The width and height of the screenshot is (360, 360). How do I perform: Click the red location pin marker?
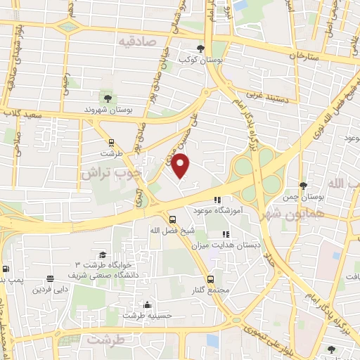pos(181,166)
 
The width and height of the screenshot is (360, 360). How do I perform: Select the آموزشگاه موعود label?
pos(219,210)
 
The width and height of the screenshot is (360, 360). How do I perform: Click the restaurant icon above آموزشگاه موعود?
pos(219,198)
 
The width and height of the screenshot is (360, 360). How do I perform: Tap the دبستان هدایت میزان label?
pos(225,245)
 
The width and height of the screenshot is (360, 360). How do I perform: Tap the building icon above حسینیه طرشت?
pos(147,304)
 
